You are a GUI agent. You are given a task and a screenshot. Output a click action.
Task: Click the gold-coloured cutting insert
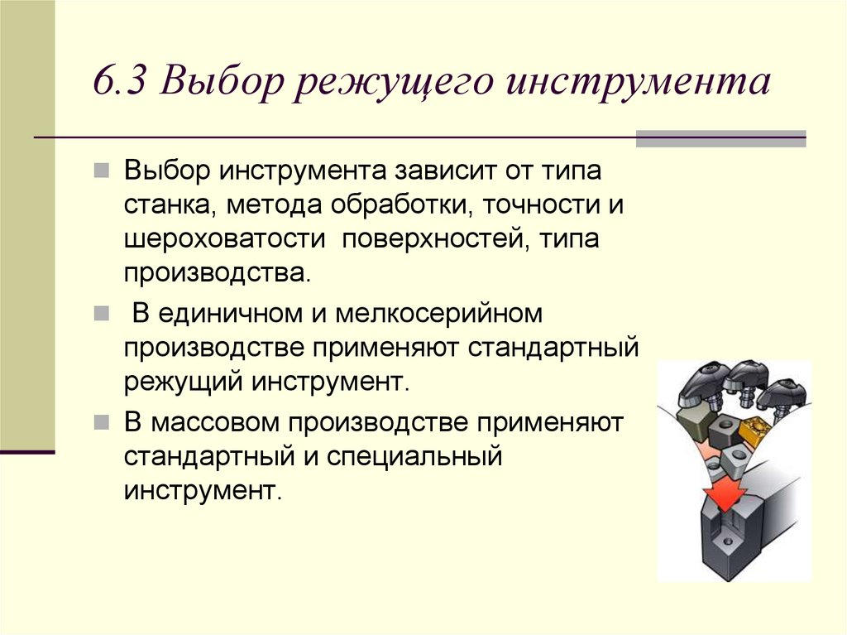755,430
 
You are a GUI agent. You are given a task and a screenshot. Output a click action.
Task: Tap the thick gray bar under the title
720,138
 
